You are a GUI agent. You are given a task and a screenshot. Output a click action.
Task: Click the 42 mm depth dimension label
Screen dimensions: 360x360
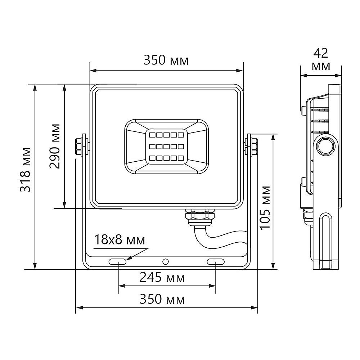pyautogui.click(x=321, y=59)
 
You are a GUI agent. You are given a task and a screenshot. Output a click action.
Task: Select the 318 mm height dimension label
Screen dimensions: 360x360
pyautogui.click(x=25, y=170)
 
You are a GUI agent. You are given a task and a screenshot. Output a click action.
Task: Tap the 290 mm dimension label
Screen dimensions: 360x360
pyautogui.click(x=55, y=146)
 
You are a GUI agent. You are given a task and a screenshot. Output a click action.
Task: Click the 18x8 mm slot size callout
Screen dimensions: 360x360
pyautogui.click(x=120, y=240)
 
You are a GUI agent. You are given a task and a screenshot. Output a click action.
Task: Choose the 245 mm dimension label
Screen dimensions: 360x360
pyautogui.click(x=162, y=277)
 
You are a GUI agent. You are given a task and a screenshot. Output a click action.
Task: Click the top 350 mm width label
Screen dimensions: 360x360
pyautogui.click(x=166, y=60)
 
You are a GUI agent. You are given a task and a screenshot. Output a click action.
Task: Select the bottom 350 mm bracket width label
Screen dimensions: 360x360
pyautogui.click(x=162, y=299)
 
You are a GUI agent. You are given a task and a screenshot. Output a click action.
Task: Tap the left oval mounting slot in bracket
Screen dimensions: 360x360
pyautogui.click(x=118, y=261)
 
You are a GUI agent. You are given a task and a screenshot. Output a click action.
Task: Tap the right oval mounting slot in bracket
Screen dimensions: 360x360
pyautogui.click(x=216, y=261)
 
